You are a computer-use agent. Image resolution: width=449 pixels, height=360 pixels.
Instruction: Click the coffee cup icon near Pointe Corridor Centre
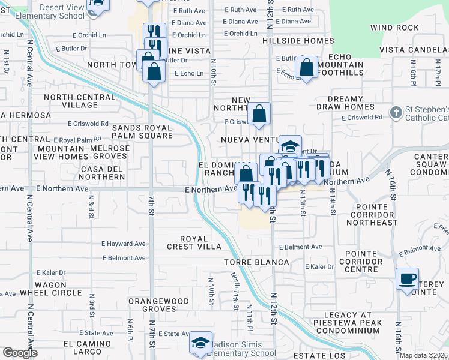(408, 279)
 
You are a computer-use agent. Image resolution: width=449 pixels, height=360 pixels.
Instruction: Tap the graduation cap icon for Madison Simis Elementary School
(200, 343)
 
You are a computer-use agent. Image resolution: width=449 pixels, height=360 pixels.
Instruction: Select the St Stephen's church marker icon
(396, 112)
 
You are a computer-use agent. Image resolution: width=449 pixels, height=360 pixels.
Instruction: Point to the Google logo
(20, 353)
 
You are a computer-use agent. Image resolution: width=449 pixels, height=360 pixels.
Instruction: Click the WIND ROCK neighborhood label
(394, 28)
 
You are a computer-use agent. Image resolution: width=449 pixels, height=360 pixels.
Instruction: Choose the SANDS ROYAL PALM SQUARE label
(133, 131)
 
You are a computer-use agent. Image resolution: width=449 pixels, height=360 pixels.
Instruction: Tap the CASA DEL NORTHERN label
(102, 173)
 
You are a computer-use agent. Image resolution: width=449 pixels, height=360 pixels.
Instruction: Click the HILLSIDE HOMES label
(298, 41)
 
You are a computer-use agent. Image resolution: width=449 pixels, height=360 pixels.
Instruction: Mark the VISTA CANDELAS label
(414, 48)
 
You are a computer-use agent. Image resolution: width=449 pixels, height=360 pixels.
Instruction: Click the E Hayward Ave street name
(124, 244)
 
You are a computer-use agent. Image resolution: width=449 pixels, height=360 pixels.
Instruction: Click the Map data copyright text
(424, 355)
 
